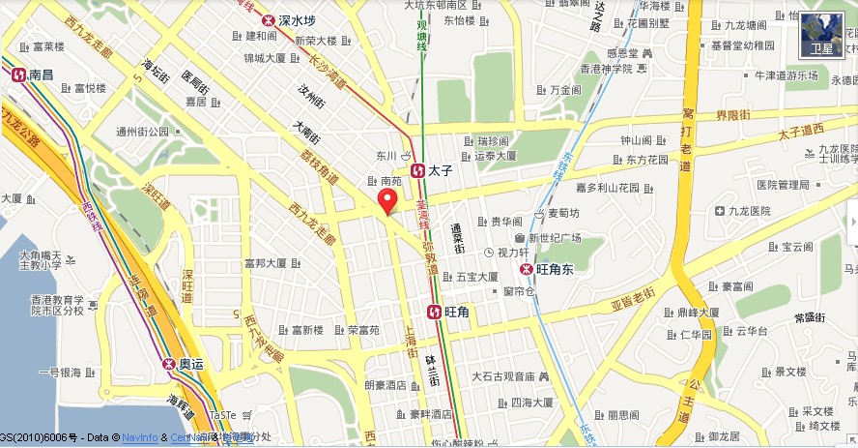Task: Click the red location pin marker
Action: point(387,200)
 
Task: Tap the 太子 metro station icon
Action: point(417,170)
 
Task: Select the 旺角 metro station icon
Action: point(435,312)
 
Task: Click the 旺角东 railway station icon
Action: point(527,269)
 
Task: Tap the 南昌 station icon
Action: point(17,74)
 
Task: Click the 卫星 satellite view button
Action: point(823,37)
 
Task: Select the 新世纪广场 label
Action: point(553,237)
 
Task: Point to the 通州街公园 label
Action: point(142,132)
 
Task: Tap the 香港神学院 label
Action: point(605,68)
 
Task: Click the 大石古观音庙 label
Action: point(503,375)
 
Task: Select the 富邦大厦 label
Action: point(266,262)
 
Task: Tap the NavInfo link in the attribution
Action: point(139,437)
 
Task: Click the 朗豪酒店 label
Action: point(386,384)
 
